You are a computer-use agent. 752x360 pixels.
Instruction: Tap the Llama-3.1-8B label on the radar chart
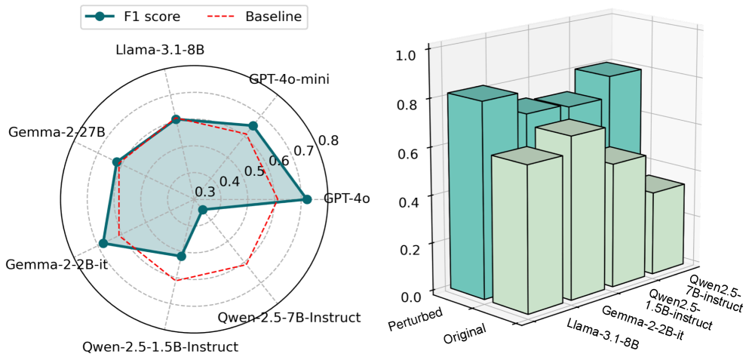pos(161,51)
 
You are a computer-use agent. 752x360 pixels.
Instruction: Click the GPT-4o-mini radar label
pos(289,79)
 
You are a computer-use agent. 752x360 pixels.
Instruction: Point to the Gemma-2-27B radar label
pos(57,133)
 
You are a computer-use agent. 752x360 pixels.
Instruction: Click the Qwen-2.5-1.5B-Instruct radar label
pos(160,347)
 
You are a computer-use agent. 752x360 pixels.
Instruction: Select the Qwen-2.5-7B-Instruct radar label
pos(289,318)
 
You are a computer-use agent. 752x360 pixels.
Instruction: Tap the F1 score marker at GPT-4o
pos(306,199)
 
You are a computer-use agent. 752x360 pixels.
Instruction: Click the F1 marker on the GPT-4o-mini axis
pos(253,126)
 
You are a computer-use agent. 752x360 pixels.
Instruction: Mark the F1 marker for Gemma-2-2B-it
pos(103,243)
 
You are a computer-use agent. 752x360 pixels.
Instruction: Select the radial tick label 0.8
pos(328,140)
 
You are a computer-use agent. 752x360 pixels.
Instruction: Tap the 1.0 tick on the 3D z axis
pos(408,54)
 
